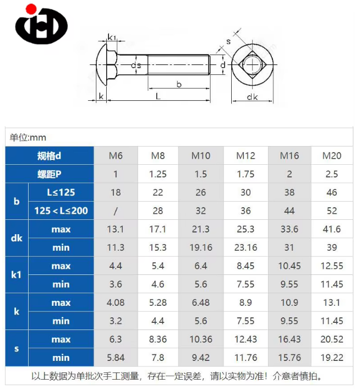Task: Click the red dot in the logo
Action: [31, 9]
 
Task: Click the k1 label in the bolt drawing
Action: [112, 37]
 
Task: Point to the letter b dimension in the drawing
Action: [179, 85]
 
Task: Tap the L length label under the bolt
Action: [158, 96]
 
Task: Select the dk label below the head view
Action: [253, 97]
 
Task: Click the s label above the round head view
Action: [228, 42]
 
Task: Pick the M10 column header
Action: [201, 156]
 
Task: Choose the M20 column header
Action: [332, 156]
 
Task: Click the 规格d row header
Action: [49, 156]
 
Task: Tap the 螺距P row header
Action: [49, 174]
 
